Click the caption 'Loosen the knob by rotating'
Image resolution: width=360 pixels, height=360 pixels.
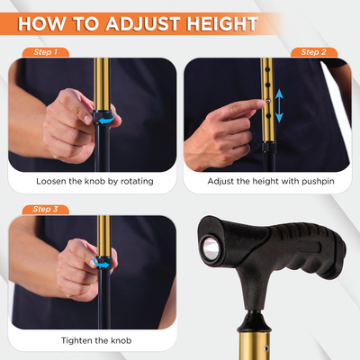[94, 181]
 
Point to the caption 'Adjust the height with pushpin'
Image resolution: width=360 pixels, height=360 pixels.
[266, 181]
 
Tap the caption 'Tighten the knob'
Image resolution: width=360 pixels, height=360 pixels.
[94, 339]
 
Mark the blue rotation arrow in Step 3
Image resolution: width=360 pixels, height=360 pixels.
[105, 265]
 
